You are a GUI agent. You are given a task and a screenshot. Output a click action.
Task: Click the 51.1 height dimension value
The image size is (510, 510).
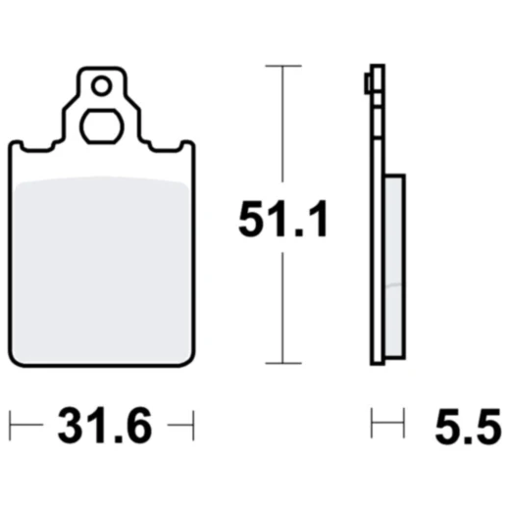[282, 219]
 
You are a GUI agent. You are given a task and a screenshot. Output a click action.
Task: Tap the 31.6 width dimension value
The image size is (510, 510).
[105, 426]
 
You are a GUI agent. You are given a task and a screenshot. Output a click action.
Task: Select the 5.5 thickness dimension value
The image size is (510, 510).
[468, 426]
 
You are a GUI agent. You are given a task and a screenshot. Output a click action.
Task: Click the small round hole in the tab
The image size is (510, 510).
[102, 86]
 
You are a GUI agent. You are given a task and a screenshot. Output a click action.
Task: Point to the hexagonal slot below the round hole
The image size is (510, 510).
[102, 127]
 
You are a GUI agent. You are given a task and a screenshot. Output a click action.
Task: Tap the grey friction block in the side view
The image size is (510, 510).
[394, 267]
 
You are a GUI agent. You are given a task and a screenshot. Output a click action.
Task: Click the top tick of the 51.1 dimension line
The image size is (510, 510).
[283, 66]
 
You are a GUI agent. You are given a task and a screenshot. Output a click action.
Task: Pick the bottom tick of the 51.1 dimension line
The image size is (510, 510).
[283, 363]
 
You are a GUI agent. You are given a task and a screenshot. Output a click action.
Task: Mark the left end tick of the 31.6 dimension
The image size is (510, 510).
[10, 426]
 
